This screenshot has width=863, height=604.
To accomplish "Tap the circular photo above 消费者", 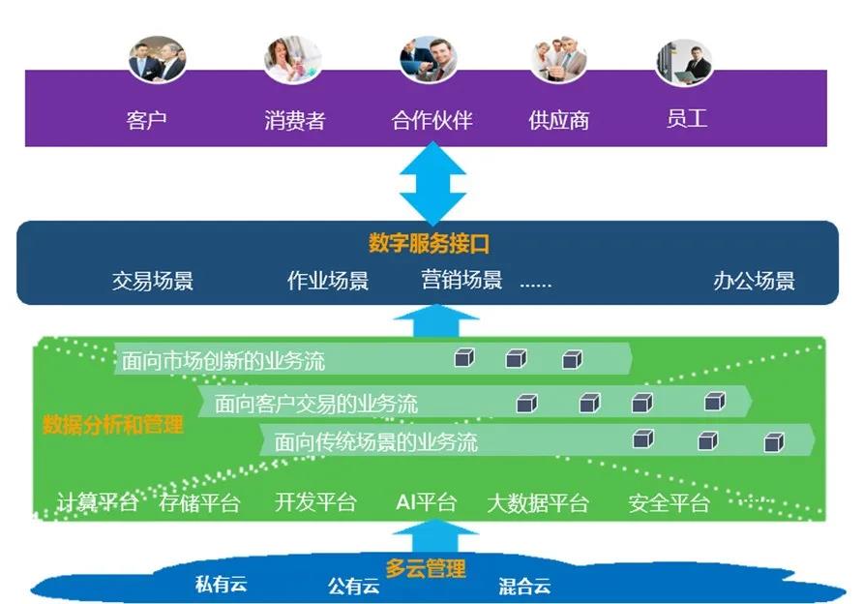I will pyautogui.click(x=292, y=59).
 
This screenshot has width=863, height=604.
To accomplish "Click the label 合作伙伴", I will pyautogui.click(x=431, y=121).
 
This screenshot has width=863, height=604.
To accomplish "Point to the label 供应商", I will pyautogui.click(x=558, y=121).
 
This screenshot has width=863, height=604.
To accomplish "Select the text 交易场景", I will pyautogui.click(x=153, y=282).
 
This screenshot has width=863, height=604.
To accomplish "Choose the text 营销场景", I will pyautogui.click(x=461, y=281).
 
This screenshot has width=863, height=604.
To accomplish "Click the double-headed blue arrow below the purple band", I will pyautogui.click(x=432, y=183).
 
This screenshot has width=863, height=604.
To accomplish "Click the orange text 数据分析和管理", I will pyautogui.click(x=112, y=424).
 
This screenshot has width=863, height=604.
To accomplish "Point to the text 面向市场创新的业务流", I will pyautogui.click(x=223, y=362).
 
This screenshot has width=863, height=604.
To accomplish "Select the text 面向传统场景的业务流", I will pyautogui.click(x=375, y=443).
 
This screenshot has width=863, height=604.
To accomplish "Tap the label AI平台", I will pyautogui.click(x=426, y=502).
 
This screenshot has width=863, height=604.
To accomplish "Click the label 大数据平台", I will pyautogui.click(x=537, y=503).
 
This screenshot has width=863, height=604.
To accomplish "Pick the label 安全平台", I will pyautogui.click(x=669, y=503).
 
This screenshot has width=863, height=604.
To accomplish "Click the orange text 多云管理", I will pyautogui.click(x=426, y=568).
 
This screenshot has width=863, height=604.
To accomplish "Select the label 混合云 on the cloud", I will pyautogui.click(x=524, y=586).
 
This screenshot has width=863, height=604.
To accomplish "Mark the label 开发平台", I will pyautogui.click(x=315, y=503).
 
